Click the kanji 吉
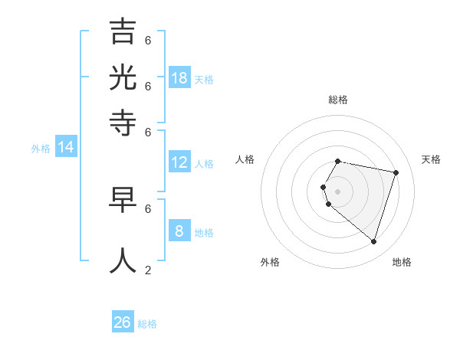pos(123,31)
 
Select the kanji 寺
pos(123,123)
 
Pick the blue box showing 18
pos(179,77)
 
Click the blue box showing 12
pos(179,162)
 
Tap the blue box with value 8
pos(179,231)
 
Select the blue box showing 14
pos(66,147)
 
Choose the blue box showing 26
pos(123,322)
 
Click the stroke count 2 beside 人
pos(148,270)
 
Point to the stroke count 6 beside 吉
pos(148,40)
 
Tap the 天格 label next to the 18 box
pos(204,79)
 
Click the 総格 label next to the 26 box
pos(147,324)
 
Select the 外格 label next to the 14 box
pos(41,149)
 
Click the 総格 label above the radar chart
pos(338,100)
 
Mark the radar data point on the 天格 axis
pos(396,173)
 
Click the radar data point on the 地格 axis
pos(373,241)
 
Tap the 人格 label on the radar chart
pos(245,159)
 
